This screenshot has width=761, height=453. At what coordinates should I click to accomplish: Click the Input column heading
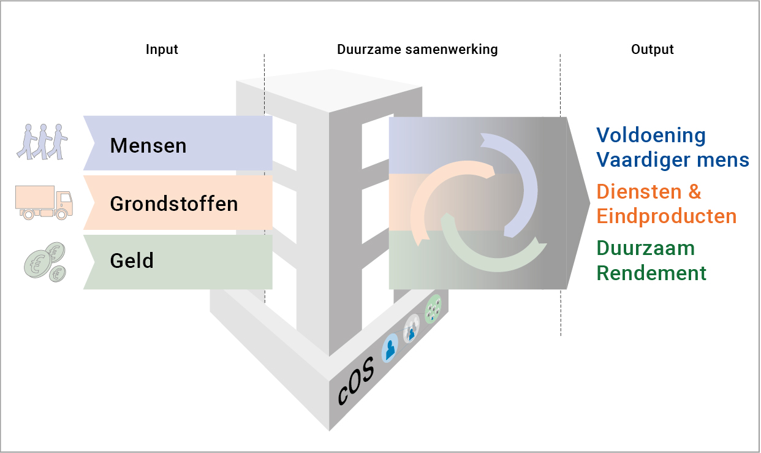click(162, 50)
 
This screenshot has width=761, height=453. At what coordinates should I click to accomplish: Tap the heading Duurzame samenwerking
click(417, 50)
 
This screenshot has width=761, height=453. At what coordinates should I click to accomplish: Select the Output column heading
click(652, 50)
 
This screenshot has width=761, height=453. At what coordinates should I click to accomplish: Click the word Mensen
click(148, 146)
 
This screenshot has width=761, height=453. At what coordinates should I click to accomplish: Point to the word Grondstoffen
click(174, 204)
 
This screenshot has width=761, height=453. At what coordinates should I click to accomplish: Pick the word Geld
click(132, 261)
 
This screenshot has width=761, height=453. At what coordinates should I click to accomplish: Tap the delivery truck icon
click(44, 204)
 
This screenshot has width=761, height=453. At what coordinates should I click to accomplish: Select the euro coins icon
click(45, 262)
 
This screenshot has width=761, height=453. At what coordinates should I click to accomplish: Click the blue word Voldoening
click(651, 135)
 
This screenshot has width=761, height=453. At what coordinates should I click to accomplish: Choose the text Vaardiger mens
click(673, 160)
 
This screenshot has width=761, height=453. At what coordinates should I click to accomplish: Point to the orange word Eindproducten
click(667, 216)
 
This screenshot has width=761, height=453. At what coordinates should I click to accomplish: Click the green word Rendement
click(651, 273)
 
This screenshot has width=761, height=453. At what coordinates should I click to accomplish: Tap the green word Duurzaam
click(646, 248)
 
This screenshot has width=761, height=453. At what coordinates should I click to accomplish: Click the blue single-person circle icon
click(390, 348)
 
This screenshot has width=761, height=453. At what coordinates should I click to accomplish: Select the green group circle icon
click(433, 309)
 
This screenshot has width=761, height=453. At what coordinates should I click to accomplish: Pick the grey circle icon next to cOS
click(412, 328)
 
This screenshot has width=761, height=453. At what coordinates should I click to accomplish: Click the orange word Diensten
click(640, 192)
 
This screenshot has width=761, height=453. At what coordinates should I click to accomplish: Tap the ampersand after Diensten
click(694, 192)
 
